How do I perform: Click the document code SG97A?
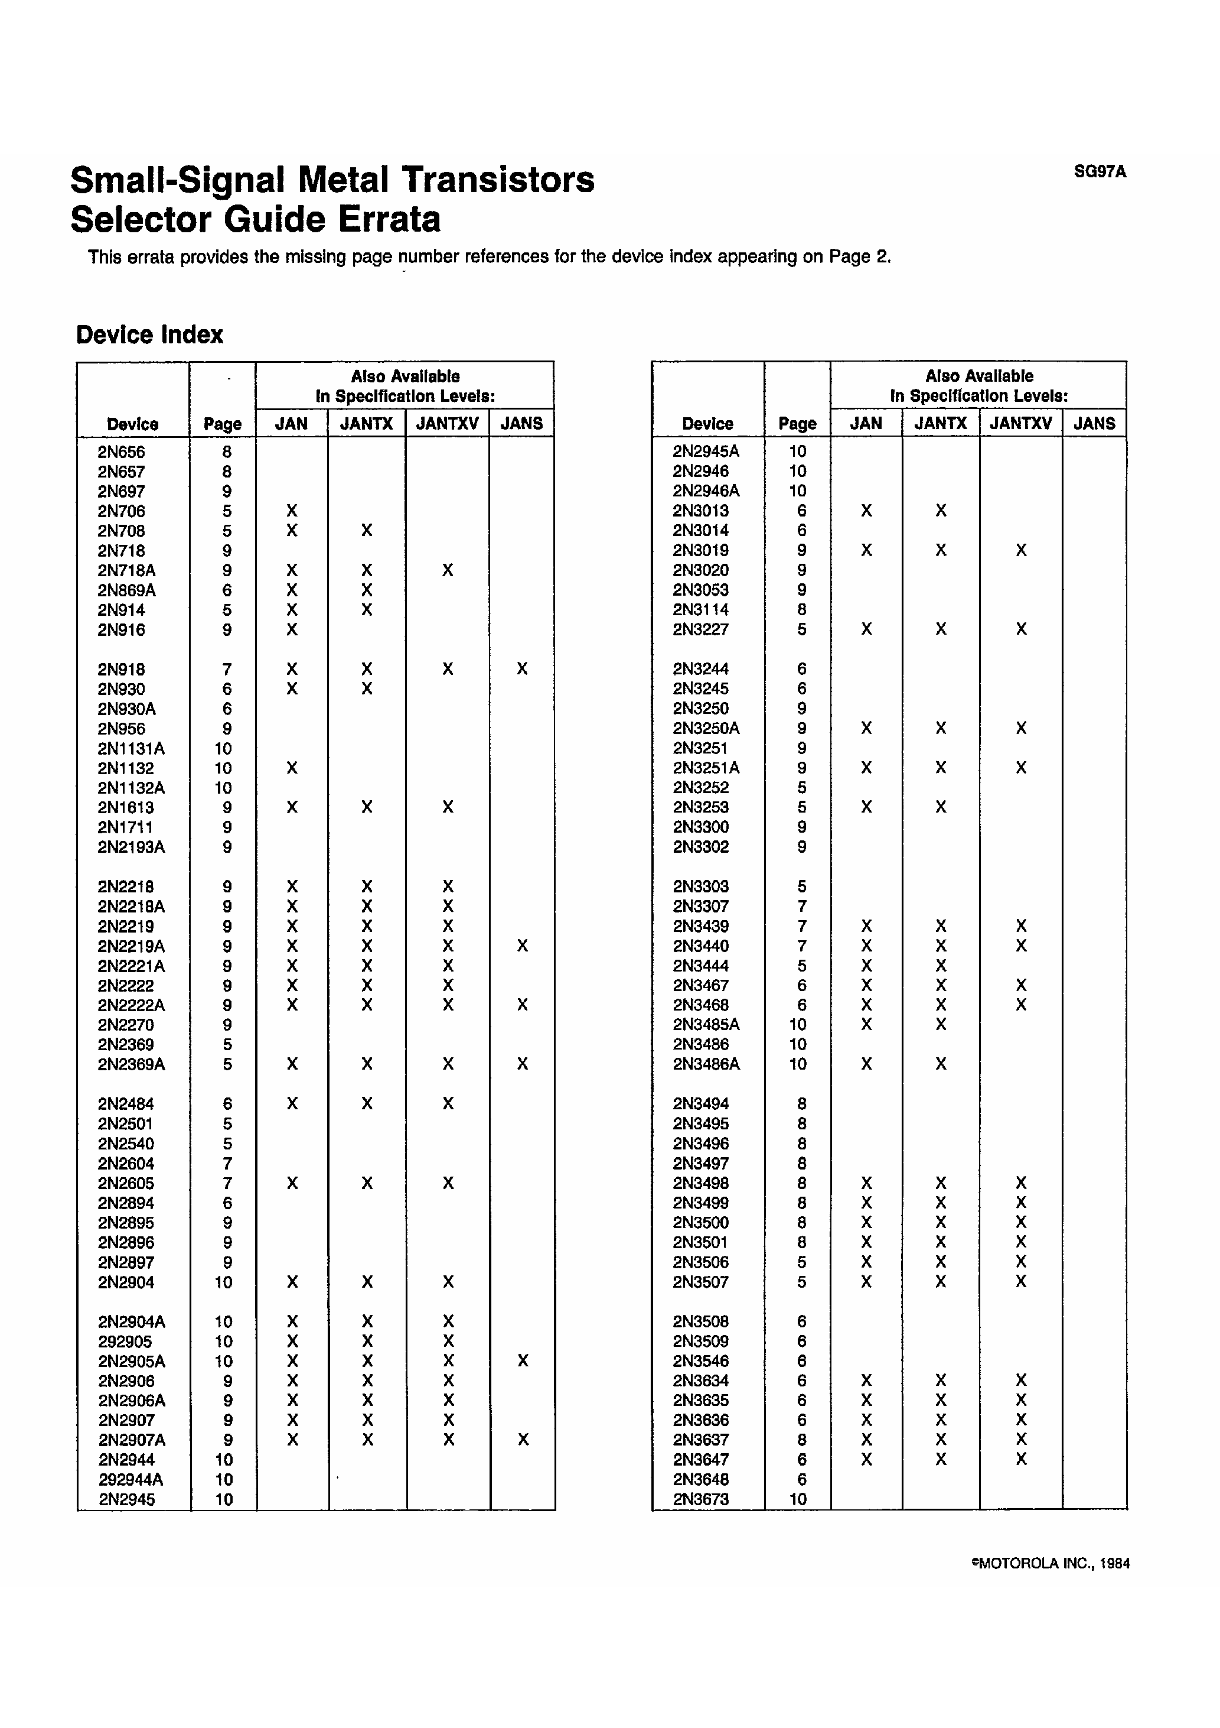1100,171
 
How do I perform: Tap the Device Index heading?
149,335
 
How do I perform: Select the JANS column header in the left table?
521,424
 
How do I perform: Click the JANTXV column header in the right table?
1020,423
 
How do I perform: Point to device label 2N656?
121,452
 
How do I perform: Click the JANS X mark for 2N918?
522,669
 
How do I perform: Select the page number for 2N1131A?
223,748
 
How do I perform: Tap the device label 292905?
124,1341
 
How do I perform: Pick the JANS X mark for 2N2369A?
522,1064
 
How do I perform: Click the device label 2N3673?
700,1499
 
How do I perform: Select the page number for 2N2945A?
797,452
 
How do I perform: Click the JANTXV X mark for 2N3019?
1020,550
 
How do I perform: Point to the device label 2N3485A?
706,1024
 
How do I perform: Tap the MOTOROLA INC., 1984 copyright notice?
1051,1563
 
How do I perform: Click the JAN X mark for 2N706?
292,511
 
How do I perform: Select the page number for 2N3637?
801,1439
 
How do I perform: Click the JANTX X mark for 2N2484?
366,1103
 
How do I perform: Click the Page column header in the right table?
797,424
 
